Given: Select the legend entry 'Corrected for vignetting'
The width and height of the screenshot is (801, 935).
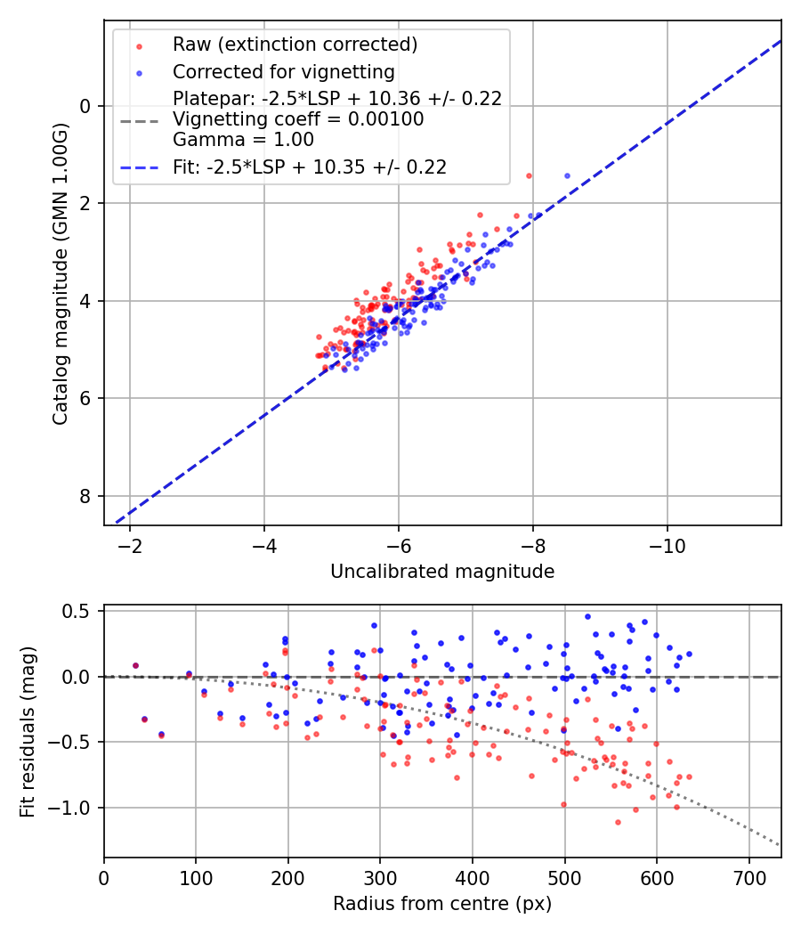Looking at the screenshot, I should click(x=284, y=71).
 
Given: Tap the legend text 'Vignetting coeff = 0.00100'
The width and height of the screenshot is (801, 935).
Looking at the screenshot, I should click(x=298, y=119).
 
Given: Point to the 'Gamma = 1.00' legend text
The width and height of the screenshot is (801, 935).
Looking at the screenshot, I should click(x=243, y=140).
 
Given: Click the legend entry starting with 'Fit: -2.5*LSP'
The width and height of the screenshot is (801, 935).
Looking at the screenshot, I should click(x=309, y=167).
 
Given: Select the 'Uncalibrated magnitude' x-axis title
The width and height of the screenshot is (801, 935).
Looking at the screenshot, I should click(x=442, y=572).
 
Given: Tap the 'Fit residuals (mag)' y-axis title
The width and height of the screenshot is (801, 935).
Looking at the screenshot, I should click(x=27, y=731).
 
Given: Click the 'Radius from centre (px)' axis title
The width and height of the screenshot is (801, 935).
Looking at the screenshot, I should click(x=442, y=904).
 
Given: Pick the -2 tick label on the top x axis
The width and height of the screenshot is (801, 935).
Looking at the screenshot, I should click(x=130, y=546).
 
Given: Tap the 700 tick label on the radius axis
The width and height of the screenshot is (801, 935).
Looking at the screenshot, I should click(x=748, y=877).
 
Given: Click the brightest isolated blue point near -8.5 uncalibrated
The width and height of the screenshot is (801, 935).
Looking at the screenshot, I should click(x=567, y=175).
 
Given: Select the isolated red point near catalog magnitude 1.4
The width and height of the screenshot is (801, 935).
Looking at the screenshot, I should click(x=529, y=175).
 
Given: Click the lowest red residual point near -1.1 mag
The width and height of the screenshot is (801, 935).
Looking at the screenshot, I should click(x=618, y=822).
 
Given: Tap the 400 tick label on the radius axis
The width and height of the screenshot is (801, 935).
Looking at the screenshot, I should click(x=472, y=877).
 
